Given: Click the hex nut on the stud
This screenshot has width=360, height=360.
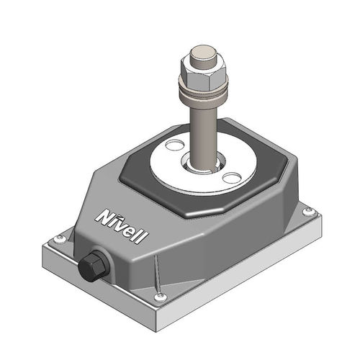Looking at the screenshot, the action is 203,73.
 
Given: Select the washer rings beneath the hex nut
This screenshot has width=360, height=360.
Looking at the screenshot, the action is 204,95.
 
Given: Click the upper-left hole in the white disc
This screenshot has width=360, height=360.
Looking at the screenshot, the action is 175,145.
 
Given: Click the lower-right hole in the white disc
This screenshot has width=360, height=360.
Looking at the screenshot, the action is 231,178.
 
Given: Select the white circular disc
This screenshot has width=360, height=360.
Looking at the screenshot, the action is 203,163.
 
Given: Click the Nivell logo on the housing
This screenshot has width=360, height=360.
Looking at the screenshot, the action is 122,226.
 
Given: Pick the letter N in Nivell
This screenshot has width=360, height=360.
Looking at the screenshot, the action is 104,217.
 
